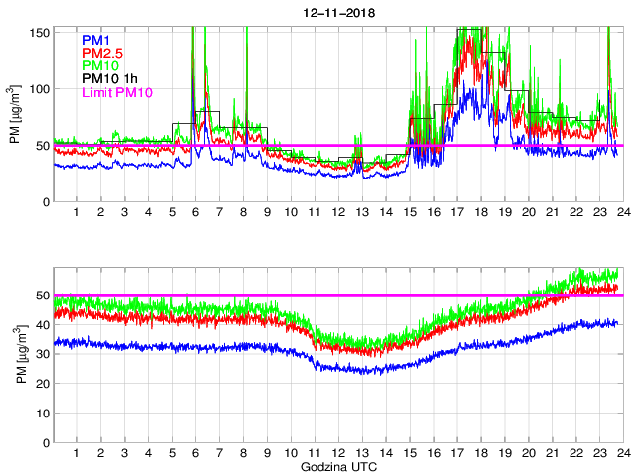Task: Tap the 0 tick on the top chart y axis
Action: (44, 201)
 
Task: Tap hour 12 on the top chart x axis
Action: (337, 212)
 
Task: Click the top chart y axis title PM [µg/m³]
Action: (16, 115)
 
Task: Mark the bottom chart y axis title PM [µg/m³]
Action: (16, 354)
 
